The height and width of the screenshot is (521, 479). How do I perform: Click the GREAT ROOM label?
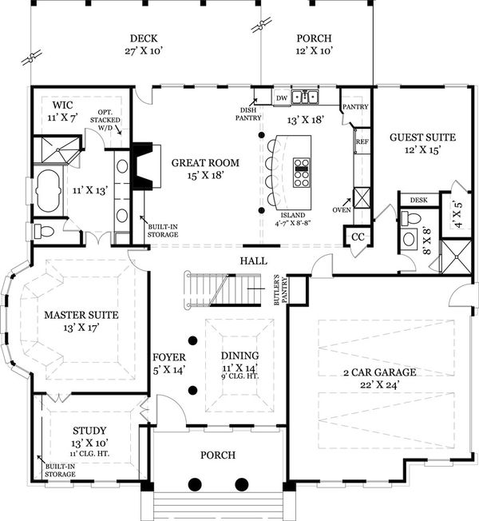coord(205,163)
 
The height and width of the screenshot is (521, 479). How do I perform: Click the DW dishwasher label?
coord(281,98)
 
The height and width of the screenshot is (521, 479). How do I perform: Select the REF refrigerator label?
coord(362,141)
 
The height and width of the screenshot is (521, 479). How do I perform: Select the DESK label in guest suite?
coord(418,200)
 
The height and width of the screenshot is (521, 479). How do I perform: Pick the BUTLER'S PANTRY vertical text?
coord(277,289)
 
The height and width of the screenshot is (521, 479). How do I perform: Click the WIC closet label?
coord(64,105)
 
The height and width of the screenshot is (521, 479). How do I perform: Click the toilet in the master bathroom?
coord(44,232)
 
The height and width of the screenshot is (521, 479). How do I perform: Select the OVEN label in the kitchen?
coord(341,209)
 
